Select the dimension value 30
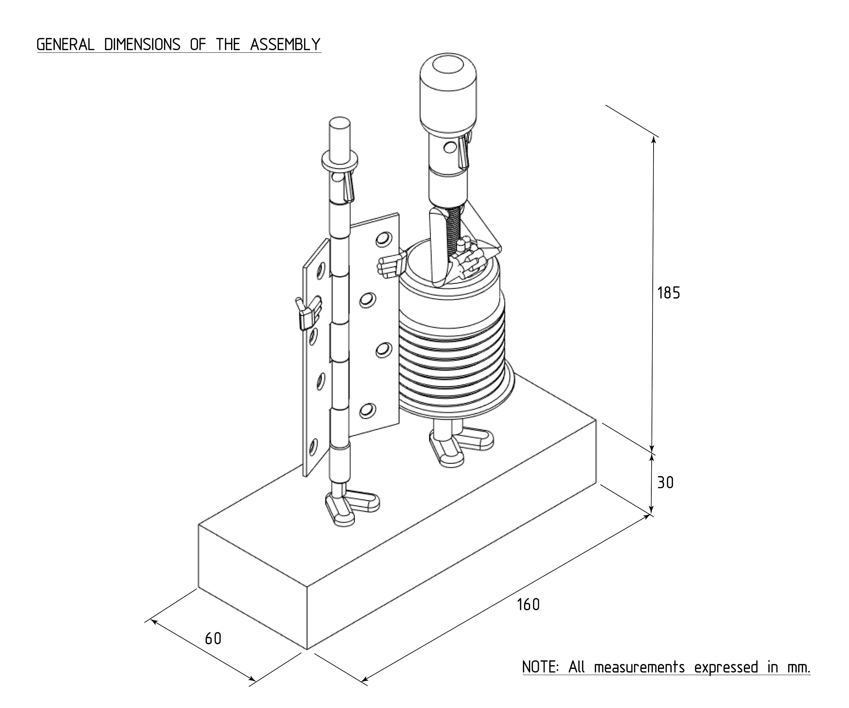pyautogui.click(x=665, y=483)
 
